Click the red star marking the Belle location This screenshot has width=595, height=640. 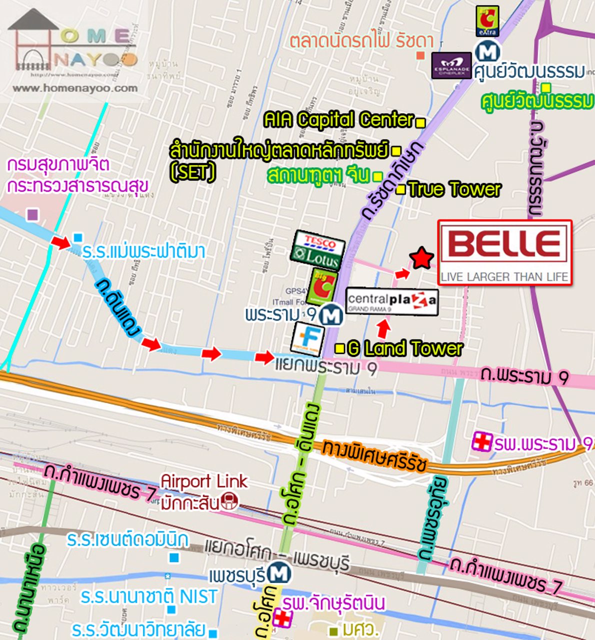tap(421, 258)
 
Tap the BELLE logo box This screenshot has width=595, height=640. tap(504, 252)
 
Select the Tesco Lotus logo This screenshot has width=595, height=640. tap(317, 250)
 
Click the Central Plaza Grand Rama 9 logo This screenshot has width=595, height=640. tap(391, 301)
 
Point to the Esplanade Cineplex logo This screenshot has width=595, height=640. tap(451, 65)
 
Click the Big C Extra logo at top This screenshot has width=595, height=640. tap(487, 21)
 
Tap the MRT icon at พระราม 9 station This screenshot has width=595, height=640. tap(330, 315)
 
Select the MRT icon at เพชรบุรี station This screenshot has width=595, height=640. tap(278, 573)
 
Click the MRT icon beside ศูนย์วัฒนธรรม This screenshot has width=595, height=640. tap(486, 51)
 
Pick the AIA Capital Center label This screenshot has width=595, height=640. tap(339, 120)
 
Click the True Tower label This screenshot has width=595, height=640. tap(454, 189)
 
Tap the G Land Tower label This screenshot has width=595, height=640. tap(404, 348)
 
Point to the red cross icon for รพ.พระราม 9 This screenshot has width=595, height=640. tap(481, 442)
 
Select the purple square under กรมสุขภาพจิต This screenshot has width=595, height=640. tap(32, 214)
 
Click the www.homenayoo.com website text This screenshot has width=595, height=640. tap(75, 88)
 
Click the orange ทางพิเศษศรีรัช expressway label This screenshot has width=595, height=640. tap(374, 453)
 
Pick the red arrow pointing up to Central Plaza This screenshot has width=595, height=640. tap(383, 329)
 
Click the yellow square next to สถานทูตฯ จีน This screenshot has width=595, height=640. tap(377, 176)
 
